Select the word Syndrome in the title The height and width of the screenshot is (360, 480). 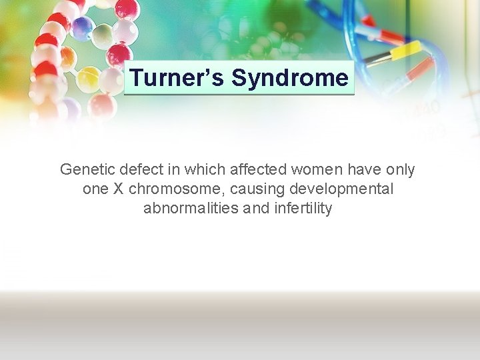pyautogui.click(x=289, y=78)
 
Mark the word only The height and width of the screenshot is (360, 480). pyautogui.click(x=399, y=170)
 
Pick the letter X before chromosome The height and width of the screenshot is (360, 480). pyautogui.click(x=117, y=189)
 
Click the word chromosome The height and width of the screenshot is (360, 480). pyautogui.click(x=173, y=189)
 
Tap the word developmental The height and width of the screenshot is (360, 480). pyautogui.click(x=340, y=189)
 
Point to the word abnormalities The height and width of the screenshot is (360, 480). pyautogui.click(x=191, y=209)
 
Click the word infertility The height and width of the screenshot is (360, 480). pyautogui.click(x=301, y=209)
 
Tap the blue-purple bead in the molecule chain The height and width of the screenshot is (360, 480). pyautogui.click(x=82, y=28)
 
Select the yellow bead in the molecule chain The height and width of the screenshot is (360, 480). pyautogui.click(x=87, y=79)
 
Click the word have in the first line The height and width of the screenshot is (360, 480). pyautogui.click(x=359, y=170)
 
